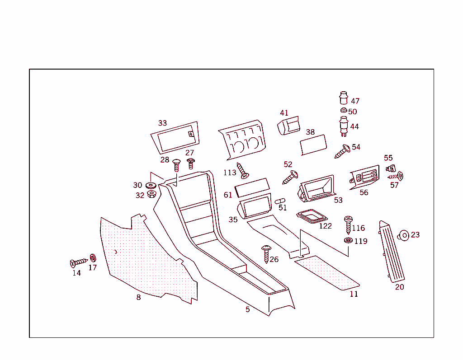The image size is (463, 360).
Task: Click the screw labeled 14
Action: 79,262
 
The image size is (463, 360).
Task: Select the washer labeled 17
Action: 93,258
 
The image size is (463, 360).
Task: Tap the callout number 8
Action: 138,297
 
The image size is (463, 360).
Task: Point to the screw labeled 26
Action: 265,254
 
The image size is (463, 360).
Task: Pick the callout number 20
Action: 400,287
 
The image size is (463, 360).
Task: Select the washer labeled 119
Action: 348,240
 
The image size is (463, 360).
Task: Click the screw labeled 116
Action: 348,224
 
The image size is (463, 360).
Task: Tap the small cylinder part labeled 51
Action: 280,201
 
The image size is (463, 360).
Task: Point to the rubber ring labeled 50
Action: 343,111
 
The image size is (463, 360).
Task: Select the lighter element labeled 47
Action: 344,98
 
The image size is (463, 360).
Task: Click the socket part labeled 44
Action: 344,126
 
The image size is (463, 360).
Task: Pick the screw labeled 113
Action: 243,170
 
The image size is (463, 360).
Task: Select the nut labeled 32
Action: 152,195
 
